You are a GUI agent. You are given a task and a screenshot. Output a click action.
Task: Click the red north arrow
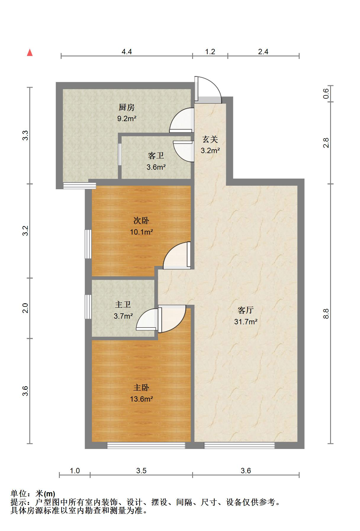[30, 53]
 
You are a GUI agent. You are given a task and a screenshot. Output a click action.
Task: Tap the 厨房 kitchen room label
[127, 107]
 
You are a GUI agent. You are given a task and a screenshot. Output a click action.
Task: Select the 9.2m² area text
[127, 119]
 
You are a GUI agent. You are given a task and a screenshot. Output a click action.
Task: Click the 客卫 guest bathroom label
[156, 156]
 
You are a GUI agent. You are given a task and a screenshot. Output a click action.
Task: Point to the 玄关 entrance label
[210, 139]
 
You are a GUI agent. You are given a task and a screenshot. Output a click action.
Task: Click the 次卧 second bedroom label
[141, 221]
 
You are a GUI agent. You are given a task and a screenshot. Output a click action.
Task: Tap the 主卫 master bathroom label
[123, 305]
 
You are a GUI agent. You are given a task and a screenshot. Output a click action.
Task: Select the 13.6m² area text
[141, 399]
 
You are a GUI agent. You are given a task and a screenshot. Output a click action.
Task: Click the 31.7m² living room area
[246, 322]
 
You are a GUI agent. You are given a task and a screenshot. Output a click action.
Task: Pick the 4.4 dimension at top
[127, 52]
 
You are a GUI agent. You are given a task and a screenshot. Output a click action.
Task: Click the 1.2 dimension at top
[210, 52]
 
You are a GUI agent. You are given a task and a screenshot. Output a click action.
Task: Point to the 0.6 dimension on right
[326, 94]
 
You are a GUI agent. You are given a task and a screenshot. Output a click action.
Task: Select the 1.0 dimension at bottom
[75, 471]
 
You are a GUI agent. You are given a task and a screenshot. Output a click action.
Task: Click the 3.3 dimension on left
[25, 135]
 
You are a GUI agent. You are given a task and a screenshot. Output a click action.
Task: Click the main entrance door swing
[208, 89]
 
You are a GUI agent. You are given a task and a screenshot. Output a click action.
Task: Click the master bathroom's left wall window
[88, 307]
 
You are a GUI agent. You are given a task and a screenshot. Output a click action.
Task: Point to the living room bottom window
[239, 445]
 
